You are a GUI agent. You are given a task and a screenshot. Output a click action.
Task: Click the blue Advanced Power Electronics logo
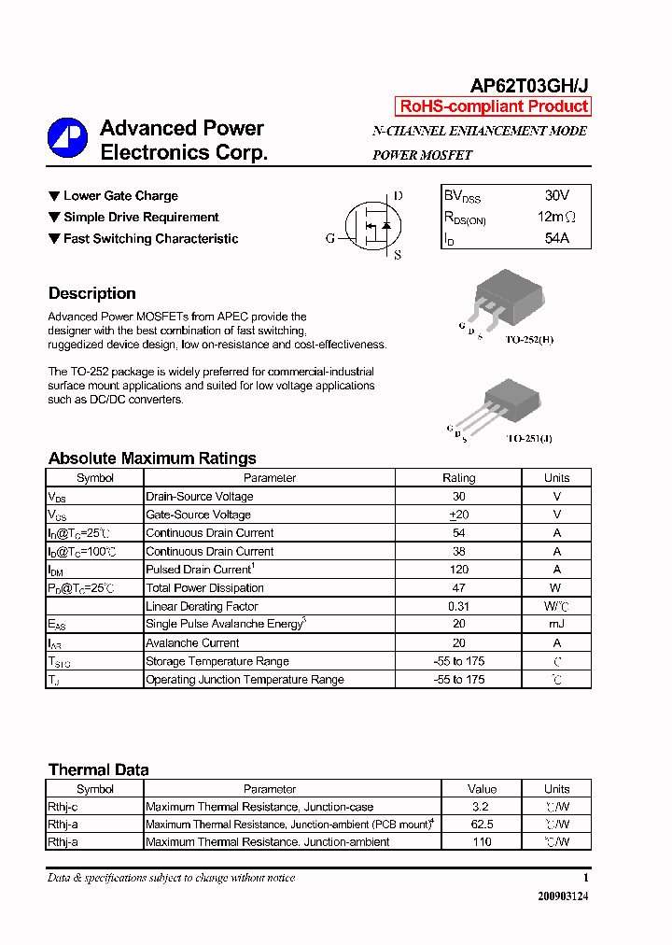pos(66,138)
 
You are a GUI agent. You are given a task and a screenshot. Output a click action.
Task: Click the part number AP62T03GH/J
pos(529,86)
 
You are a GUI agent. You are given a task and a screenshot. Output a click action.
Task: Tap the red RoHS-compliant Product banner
pos(494,106)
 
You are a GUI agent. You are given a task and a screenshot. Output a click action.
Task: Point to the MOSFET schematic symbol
pos(371,226)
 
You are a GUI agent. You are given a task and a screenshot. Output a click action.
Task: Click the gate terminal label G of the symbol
pos(330,238)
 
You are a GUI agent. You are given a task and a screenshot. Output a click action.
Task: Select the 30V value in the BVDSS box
pos(556,196)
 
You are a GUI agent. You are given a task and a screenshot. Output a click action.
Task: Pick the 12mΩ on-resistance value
pos(556,218)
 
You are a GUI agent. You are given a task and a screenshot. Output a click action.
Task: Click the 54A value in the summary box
pos(556,238)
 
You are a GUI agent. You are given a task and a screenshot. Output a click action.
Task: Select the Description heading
pos(91,293)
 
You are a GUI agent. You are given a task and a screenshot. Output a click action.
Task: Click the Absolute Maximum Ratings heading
pos(152,458)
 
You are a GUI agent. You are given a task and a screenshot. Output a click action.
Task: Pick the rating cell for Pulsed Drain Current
pos(458,570)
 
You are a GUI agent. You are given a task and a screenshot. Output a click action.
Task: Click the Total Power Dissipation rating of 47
pos(458,588)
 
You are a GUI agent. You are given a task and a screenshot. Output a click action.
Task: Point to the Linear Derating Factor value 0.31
pos(458,606)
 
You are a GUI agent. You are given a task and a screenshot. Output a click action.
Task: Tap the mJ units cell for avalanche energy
pos(556,625)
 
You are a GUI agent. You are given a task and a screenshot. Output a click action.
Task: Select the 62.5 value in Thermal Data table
pos(482,825)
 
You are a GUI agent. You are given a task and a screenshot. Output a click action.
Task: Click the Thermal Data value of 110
pos(482,842)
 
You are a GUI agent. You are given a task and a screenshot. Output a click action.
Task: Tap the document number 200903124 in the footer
pos(563,896)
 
